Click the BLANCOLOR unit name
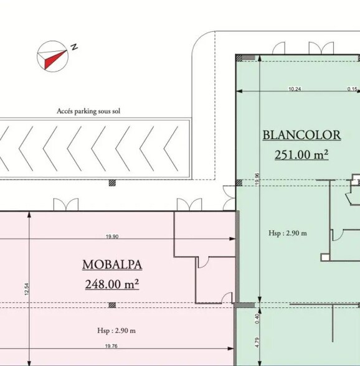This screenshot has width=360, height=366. click(x=301, y=135)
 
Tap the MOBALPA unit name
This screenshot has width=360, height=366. click(x=112, y=265)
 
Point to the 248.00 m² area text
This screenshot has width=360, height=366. click(x=112, y=284)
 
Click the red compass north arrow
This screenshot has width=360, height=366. click(x=52, y=57)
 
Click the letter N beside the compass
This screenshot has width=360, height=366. click(x=73, y=47)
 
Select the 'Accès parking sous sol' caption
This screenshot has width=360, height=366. click(x=88, y=111)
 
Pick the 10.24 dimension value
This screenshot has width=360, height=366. click(x=295, y=89)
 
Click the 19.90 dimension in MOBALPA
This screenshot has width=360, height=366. click(x=113, y=237)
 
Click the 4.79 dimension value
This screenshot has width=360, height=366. click(x=257, y=342)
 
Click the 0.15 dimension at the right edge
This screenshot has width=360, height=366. click(x=353, y=89)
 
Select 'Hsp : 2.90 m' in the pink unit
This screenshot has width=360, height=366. click(x=116, y=330)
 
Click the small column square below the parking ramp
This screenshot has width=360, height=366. click(x=112, y=183)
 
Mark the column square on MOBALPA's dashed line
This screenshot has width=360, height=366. click(x=112, y=305)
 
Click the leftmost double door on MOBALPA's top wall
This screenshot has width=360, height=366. click(x=65, y=205)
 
